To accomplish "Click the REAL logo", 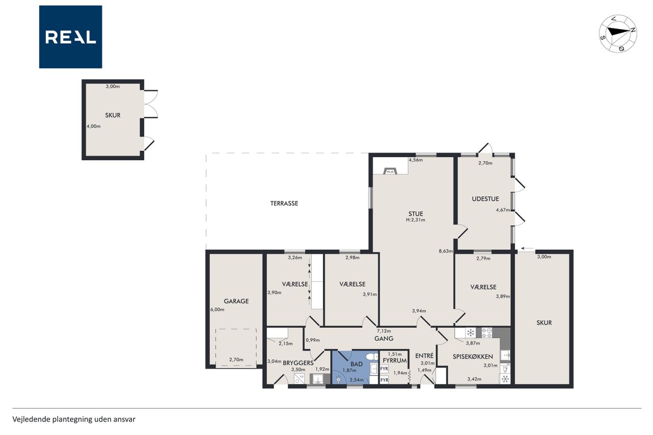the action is (x=70, y=37).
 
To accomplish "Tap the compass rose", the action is (x=618, y=34).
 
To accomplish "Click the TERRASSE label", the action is (x=284, y=203).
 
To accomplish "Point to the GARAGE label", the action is (x=236, y=301).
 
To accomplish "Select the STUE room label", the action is (x=415, y=214).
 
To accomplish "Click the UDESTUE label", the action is (x=485, y=199).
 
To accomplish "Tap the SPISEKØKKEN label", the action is (x=472, y=356).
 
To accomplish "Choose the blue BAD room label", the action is (x=356, y=364).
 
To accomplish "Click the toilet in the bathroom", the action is (x=372, y=356).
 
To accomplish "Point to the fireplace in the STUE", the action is (x=390, y=171).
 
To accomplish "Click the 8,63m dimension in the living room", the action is (x=446, y=251).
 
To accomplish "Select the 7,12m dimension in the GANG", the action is (x=384, y=330).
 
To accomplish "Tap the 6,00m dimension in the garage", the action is (x=217, y=310).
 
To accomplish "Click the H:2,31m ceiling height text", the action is (x=415, y=220).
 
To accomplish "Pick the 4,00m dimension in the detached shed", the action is (x=93, y=126).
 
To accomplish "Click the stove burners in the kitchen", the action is (x=487, y=332).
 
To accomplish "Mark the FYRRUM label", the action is (x=394, y=360).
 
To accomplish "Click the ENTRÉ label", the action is (x=424, y=355).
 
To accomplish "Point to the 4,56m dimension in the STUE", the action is (x=416, y=160).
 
